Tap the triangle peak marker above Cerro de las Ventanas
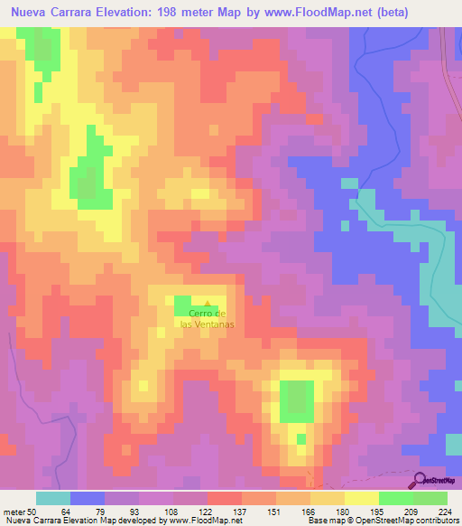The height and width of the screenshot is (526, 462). (x=209, y=304)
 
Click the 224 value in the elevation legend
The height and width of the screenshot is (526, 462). (x=444, y=511)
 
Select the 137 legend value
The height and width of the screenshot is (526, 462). (x=241, y=511)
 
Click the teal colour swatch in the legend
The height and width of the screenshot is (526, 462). (x=53, y=498)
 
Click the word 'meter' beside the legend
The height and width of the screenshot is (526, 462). (x=12, y=511)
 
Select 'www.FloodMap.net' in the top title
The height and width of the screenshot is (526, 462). (x=299, y=13)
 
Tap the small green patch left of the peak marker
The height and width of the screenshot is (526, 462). (x=183, y=306)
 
